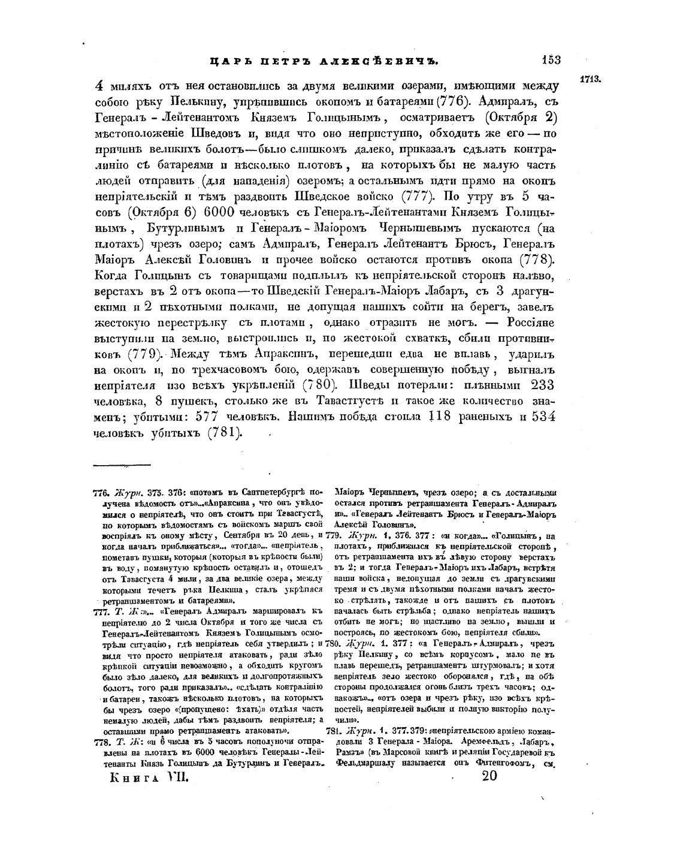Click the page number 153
click(551, 60)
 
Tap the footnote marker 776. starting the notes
click(101, 492)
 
